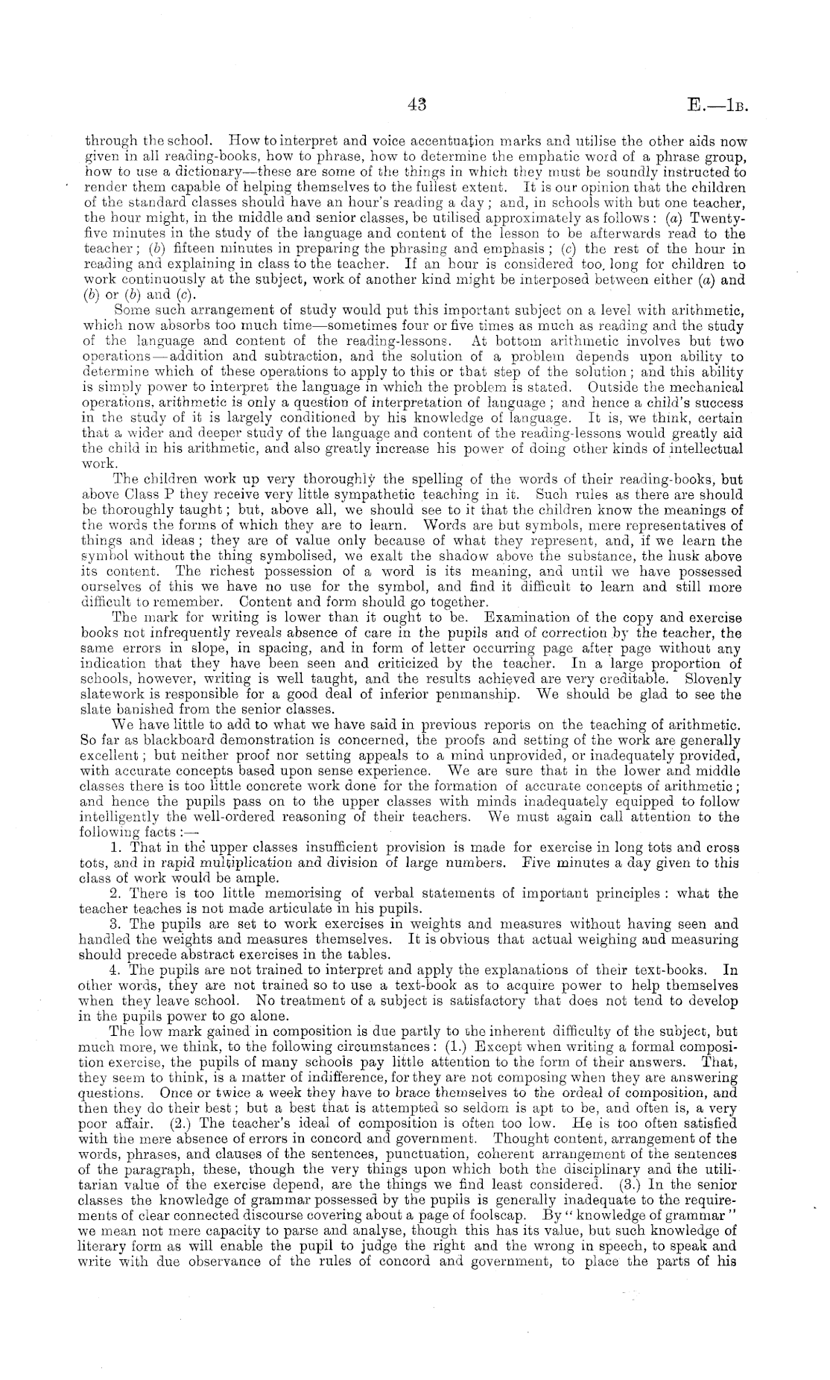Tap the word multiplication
tap(283, 863)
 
